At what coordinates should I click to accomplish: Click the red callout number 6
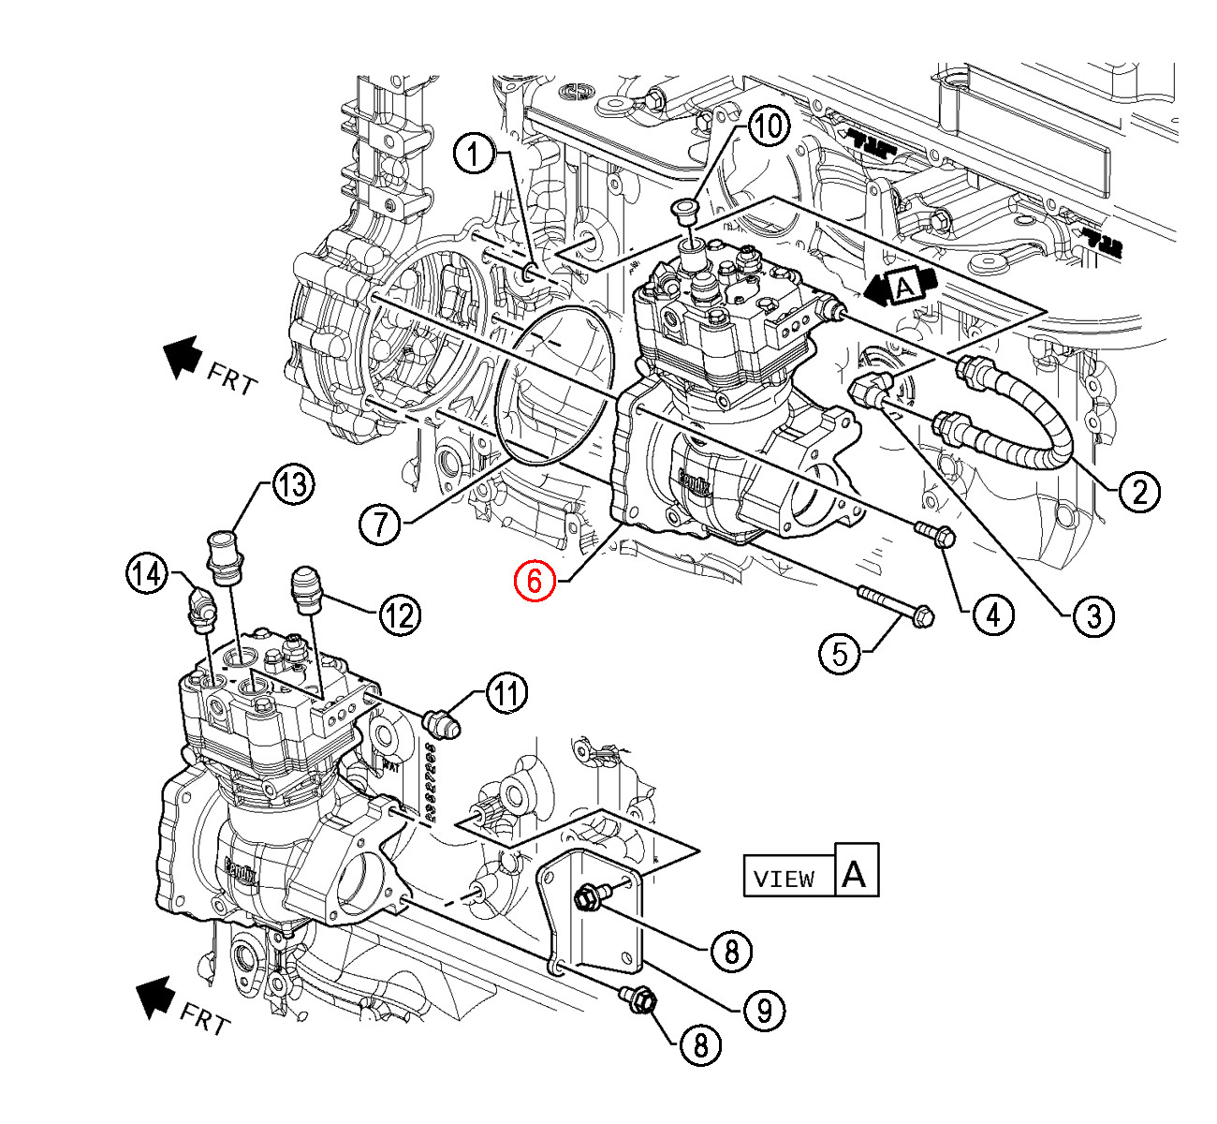click(x=534, y=581)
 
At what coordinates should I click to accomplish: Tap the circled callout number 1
click(x=476, y=154)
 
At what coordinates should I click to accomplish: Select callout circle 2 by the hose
click(x=1138, y=491)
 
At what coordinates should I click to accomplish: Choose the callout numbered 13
click(x=293, y=485)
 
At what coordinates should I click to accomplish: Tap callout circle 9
click(x=764, y=1010)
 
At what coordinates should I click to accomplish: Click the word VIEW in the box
click(x=784, y=879)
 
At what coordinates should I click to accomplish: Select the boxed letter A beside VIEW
click(x=856, y=873)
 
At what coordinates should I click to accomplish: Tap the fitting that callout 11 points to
click(x=440, y=722)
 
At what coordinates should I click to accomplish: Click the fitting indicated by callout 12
click(x=307, y=587)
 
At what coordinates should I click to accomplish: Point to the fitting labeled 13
click(x=225, y=551)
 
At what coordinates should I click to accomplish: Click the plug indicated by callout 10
click(x=685, y=210)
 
